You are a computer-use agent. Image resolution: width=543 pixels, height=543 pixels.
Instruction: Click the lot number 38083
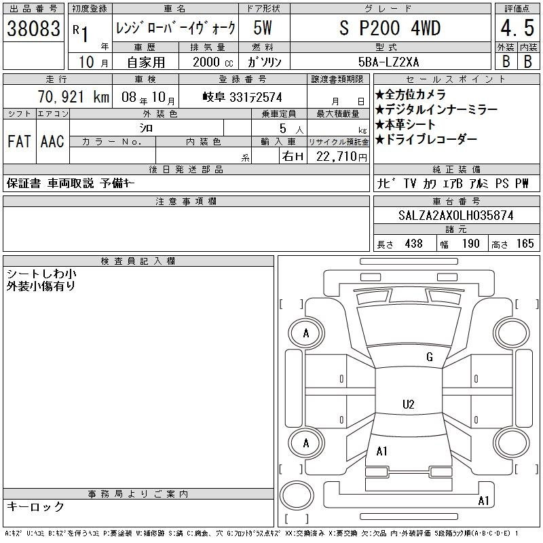33,29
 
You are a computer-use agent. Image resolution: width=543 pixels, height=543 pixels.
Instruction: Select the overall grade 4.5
517,28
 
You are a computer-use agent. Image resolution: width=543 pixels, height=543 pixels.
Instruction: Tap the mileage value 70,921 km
73,97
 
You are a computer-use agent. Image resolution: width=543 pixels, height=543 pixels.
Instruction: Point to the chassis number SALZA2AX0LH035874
455,215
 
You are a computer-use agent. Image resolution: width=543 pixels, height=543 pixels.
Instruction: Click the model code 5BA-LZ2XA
388,62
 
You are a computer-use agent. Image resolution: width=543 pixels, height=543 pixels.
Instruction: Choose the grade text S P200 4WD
390,28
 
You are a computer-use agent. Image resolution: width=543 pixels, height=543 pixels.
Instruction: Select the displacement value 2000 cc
212,62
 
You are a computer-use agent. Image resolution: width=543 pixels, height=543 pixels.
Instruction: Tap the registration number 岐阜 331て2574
242,97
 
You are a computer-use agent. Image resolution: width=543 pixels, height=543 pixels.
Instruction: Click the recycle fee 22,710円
341,157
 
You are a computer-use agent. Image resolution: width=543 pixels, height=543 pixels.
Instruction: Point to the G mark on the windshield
430,357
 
